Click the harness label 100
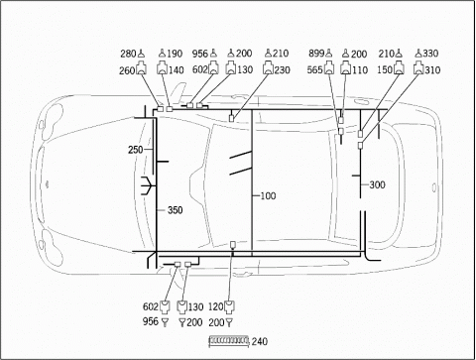coord(268,196)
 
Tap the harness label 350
coord(175,210)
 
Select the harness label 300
coord(377,184)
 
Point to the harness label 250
coord(136,150)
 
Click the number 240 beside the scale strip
coord(260,341)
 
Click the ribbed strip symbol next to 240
coord(229,341)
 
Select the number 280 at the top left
coord(128,54)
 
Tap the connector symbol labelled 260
coord(141,68)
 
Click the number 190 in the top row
coord(175,54)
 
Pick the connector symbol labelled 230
coord(268,67)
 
